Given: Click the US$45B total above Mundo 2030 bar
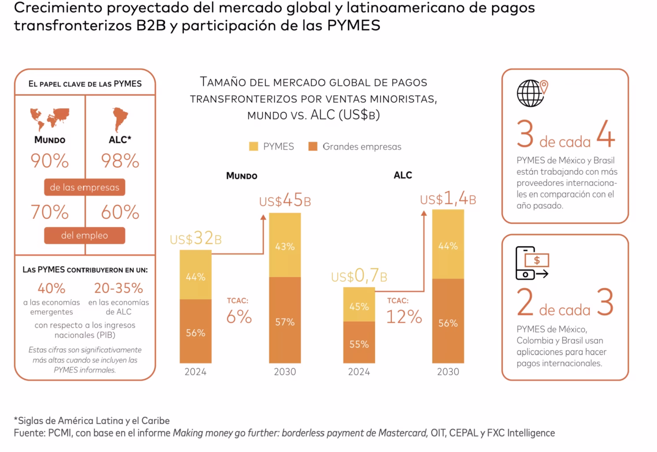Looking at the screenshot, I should point(285,201).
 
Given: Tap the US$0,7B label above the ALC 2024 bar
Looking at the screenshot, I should point(359,276).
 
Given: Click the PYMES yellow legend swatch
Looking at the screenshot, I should point(253,147).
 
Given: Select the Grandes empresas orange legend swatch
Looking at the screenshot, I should point(313,147).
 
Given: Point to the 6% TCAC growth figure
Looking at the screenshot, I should point(239,317).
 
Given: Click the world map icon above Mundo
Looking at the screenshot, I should point(50,118).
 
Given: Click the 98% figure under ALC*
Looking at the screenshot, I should point(120,161).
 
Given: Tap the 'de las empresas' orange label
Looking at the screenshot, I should point(85,187).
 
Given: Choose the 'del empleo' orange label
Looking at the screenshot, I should point(85,235).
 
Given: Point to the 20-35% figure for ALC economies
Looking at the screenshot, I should point(118,288).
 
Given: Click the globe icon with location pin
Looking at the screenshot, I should point(532,93).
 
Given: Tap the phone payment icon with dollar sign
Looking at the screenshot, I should point(532,263).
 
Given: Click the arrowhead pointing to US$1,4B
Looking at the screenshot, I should point(424,214).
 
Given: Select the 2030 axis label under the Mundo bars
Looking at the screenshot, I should point(285,372).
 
